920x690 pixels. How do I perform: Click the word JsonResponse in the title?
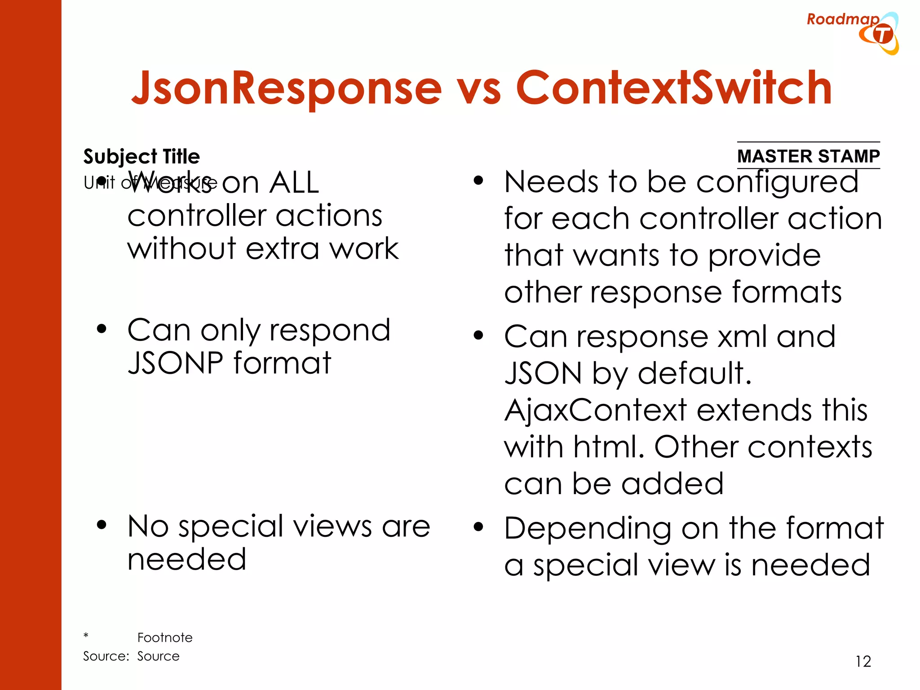[x=286, y=88]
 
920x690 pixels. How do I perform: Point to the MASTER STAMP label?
[x=808, y=156]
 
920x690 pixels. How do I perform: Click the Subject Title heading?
[x=142, y=157]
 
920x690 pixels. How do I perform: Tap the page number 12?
[x=863, y=661]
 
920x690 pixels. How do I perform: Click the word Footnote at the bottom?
[x=165, y=637]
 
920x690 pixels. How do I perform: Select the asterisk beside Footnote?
[x=86, y=636]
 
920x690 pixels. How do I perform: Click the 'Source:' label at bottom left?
[x=106, y=656]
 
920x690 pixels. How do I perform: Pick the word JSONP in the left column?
[x=175, y=363]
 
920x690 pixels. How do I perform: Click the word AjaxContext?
[x=596, y=410]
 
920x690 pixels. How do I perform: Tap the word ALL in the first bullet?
[x=294, y=183]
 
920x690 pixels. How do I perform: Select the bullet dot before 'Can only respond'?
[x=102, y=329]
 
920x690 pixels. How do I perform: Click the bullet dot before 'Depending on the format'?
[x=478, y=527]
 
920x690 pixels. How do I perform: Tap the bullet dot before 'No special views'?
[x=102, y=525]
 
